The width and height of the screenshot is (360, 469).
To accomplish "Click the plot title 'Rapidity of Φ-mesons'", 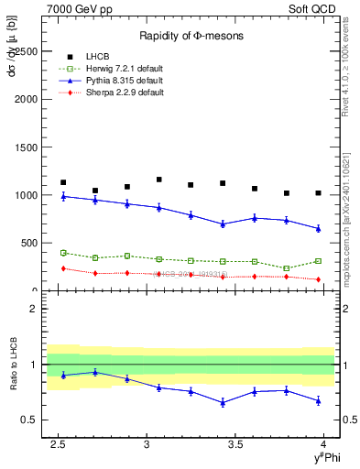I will pyautogui.click(x=190, y=36).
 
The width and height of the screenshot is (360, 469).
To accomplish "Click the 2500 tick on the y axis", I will pyautogui.click(x=27, y=51).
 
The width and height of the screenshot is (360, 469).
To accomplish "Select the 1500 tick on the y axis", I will pyautogui.click(x=27, y=147).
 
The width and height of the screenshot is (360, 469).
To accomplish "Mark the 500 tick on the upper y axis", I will pyautogui.click(x=31, y=243).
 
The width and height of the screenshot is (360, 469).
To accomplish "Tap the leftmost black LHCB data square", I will pyautogui.click(x=63, y=182).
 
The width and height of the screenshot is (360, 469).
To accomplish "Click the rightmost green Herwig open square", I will pyautogui.click(x=318, y=261).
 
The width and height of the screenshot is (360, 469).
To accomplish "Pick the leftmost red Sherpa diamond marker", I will pyautogui.click(x=63, y=268).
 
